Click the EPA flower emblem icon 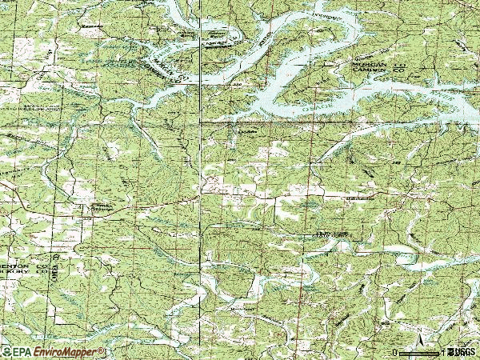click(6, 352)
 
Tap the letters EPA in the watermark click(21, 352)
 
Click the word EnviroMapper click(65, 352)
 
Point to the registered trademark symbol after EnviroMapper click(102, 350)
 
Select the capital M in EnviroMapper click(67, 352)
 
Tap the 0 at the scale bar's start click(395, 352)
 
